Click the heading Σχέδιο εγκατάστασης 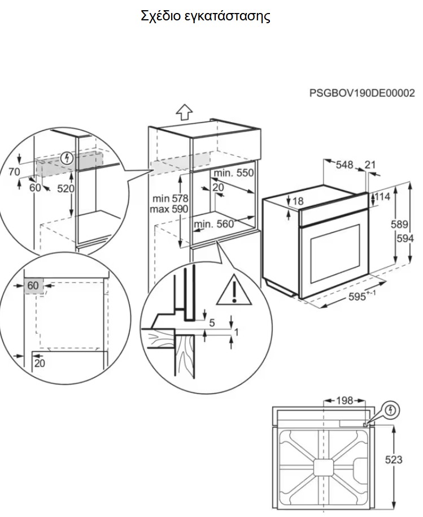pyautogui.click(x=206, y=16)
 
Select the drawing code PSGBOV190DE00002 pyautogui.click(x=362, y=93)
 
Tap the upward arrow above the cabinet pyautogui.click(x=184, y=112)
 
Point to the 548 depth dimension pyautogui.click(x=344, y=165)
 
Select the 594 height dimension pyautogui.click(x=405, y=238)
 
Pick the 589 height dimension pyautogui.click(x=399, y=224)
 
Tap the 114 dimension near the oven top pyautogui.click(x=382, y=197)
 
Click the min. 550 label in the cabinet pyautogui.click(x=234, y=173)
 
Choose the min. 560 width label pyautogui.click(x=213, y=224)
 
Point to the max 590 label pyautogui.click(x=169, y=209)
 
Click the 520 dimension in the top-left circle pyautogui.click(x=66, y=188)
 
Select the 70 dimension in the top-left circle pyautogui.click(x=14, y=172)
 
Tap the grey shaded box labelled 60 pyautogui.click(x=33, y=286)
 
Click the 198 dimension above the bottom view pyautogui.click(x=344, y=400)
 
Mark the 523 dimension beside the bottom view pyautogui.click(x=394, y=460)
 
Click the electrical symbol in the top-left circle pyautogui.click(x=67, y=158)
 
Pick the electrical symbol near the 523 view pyautogui.click(x=390, y=410)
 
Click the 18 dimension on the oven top pyautogui.click(x=298, y=201)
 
